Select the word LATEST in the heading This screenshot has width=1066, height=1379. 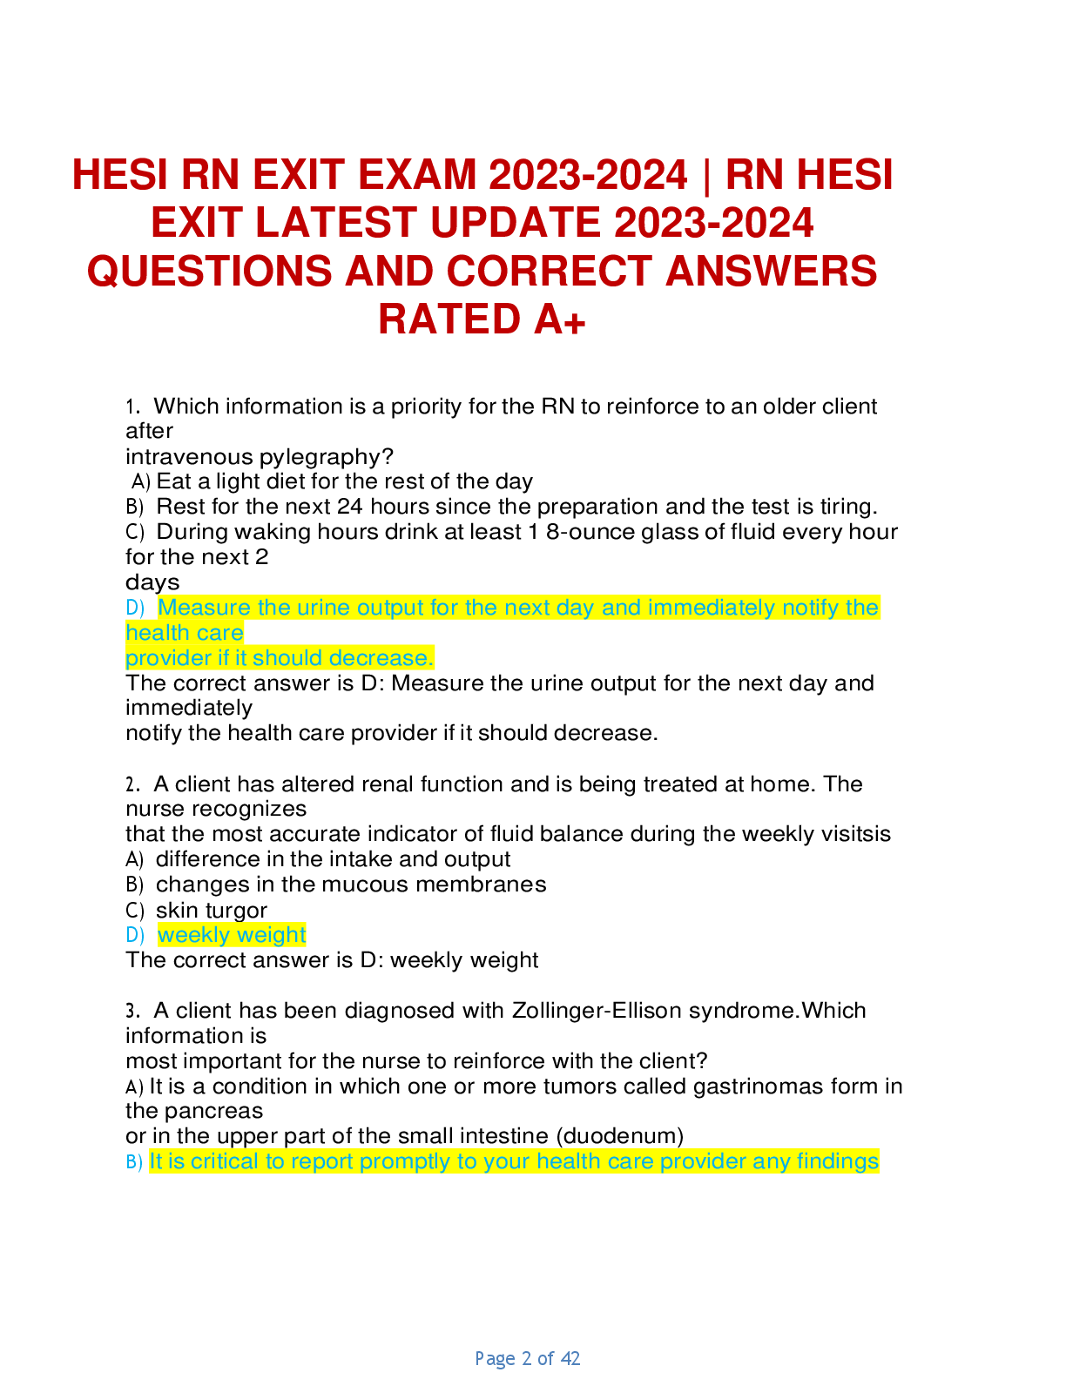click(x=334, y=223)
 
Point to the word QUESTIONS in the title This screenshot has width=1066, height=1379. click(x=209, y=272)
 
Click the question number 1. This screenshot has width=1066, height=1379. click(x=132, y=407)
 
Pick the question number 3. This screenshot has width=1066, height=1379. click(x=132, y=1011)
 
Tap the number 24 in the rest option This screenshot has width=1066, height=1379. click(x=350, y=507)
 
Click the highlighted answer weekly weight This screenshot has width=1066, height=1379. click(x=232, y=935)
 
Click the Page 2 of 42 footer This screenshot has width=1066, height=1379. click(x=528, y=1358)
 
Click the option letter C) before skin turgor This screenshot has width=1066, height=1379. click(x=135, y=911)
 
